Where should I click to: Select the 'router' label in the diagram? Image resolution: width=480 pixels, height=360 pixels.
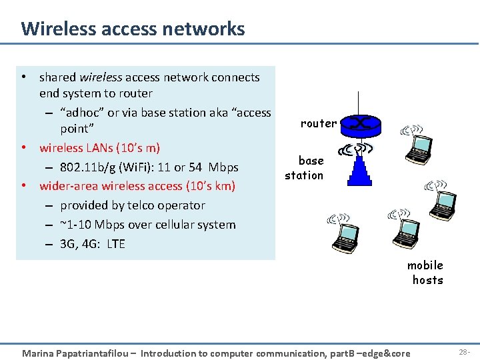pos(318,123)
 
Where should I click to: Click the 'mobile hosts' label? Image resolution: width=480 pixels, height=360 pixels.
pos(426,273)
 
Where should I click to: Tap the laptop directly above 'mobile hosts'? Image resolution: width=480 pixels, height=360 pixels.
pos(405,230)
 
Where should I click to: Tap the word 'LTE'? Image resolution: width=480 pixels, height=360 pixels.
pos(115,244)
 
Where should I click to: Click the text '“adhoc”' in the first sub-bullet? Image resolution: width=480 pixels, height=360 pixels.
pos(82,113)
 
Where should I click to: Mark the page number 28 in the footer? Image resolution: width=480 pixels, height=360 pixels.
pos(462,351)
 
